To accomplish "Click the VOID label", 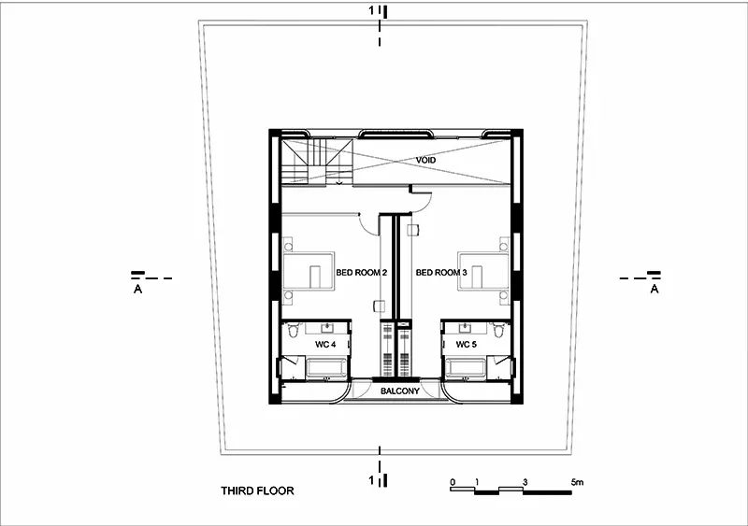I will click(426, 161).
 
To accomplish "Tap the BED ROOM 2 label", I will click(362, 273).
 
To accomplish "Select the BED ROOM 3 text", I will click(440, 273).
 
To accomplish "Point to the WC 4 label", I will click(324, 345).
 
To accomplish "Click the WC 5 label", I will click(467, 345).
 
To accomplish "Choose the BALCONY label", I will click(398, 391).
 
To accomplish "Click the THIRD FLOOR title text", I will click(257, 490).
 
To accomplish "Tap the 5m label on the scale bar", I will click(577, 483).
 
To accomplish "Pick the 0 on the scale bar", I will click(453, 483).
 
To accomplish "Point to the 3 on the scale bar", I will click(526, 483).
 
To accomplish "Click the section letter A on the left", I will click(138, 290).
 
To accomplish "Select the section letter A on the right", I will click(654, 290).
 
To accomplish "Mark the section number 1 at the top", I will click(372, 10).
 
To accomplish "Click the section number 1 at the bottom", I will click(372, 480).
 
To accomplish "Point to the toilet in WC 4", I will click(295, 331).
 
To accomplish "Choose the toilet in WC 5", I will click(500, 331).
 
